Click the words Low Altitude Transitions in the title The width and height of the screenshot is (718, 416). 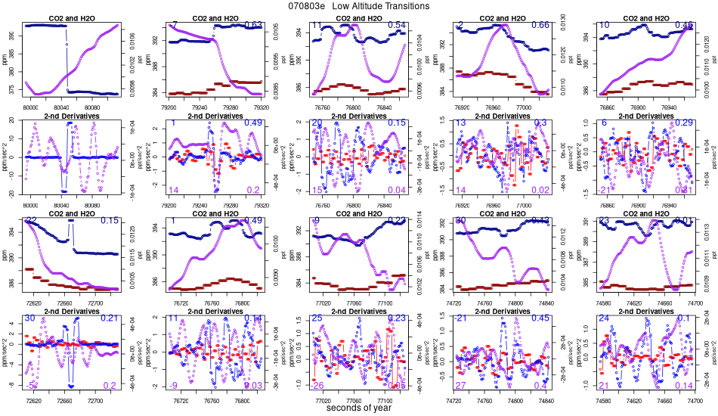381,6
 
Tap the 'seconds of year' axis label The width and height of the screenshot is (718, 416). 359,408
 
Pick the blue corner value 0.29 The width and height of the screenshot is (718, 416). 684,123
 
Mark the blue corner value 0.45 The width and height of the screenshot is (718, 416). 540,318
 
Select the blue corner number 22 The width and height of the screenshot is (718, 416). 31,220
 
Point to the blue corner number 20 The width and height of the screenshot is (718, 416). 317,123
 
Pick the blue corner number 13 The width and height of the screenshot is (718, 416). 460,123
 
